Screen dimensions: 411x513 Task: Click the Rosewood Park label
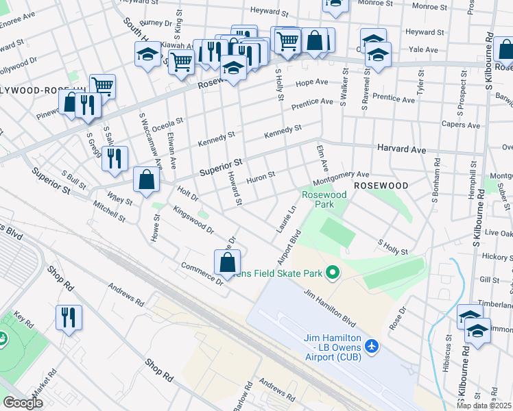(x=324, y=199)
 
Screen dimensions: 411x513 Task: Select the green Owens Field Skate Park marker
(x=333, y=273)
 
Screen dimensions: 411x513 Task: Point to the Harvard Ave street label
(x=401, y=149)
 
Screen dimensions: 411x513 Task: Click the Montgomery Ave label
(x=341, y=178)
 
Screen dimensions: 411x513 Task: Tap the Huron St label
(x=261, y=177)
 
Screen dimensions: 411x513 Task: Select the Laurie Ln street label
(x=289, y=219)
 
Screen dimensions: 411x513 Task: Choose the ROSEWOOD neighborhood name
(x=381, y=186)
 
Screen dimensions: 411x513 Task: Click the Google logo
(x=23, y=402)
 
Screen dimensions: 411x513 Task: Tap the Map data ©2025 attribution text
(x=484, y=406)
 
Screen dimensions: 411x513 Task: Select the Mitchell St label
(x=109, y=212)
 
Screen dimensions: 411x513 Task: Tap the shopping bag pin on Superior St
(x=147, y=180)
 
